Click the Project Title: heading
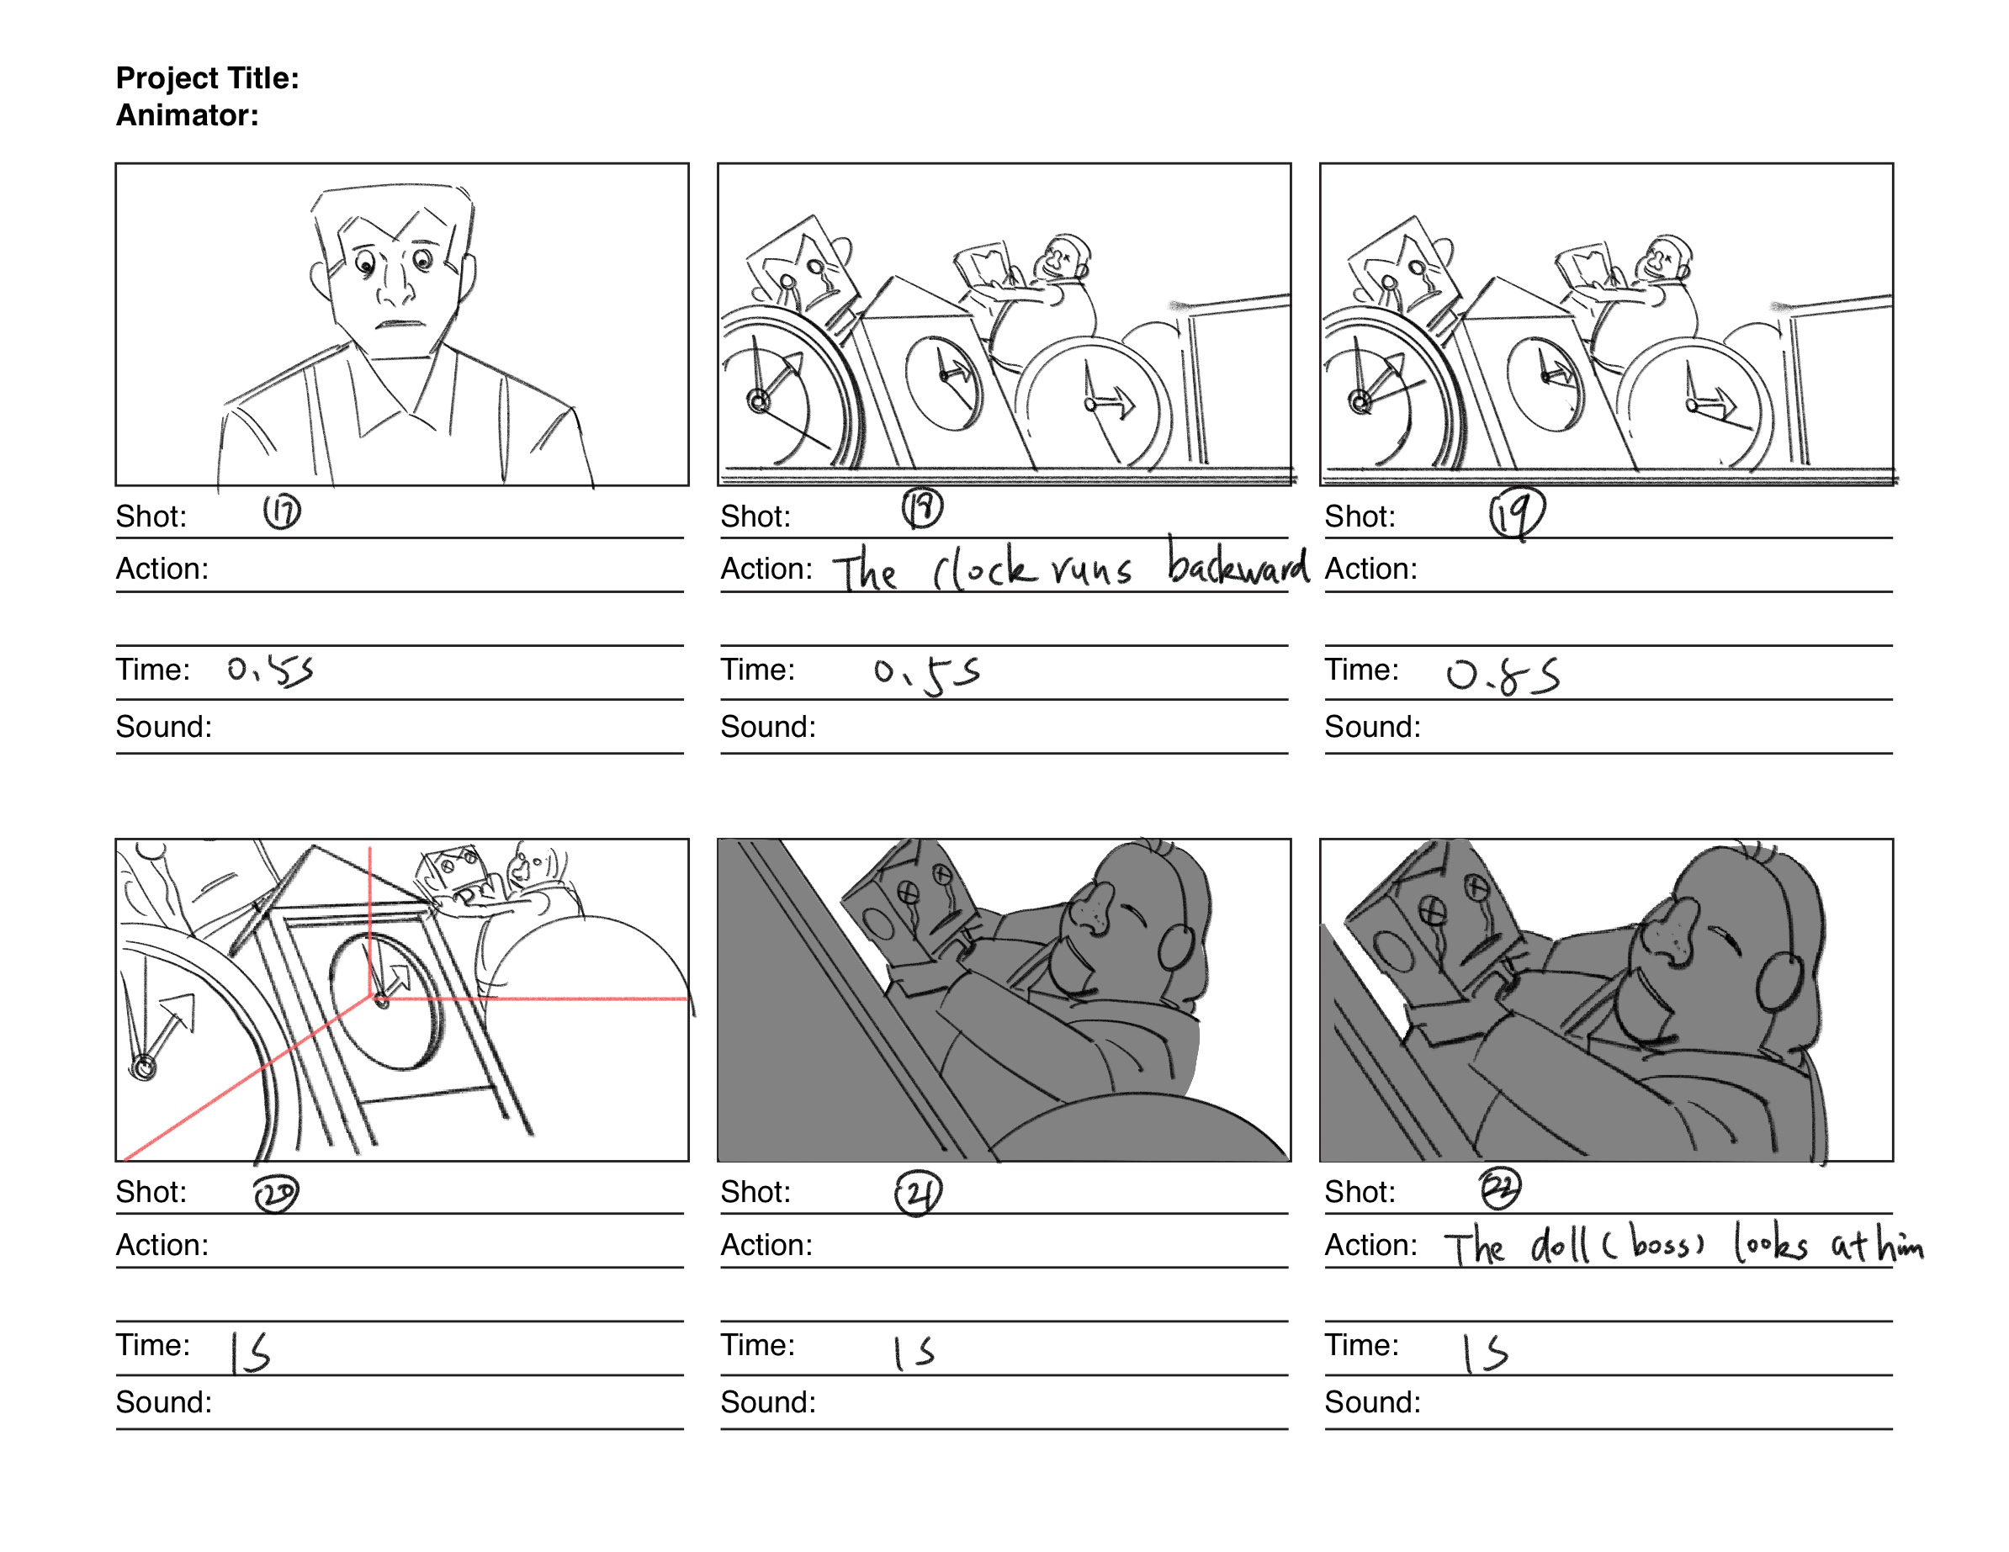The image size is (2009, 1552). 207,78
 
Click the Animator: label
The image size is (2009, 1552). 187,116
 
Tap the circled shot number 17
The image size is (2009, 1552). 282,511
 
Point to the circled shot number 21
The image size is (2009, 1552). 917,1193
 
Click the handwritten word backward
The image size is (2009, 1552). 1238,566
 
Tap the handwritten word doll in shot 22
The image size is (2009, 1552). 1559,1247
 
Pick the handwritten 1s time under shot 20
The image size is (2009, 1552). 249,1353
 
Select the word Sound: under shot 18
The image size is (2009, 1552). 767,727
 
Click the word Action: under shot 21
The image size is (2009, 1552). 766,1245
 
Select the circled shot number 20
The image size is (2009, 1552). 276,1193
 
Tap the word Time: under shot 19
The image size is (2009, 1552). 1360,670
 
